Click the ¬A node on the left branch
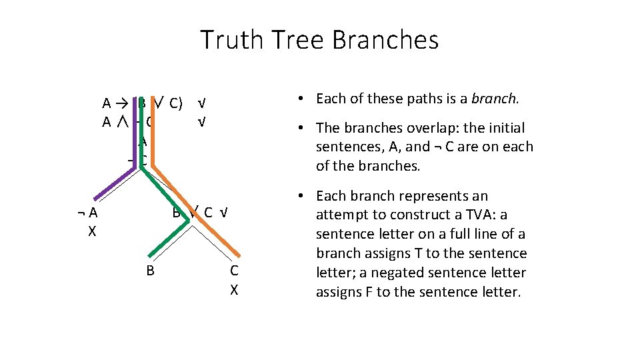click(x=88, y=213)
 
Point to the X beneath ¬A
click(x=92, y=232)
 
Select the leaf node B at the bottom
click(x=151, y=270)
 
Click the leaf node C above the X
click(x=234, y=270)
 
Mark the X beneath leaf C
click(x=234, y=290)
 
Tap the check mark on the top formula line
click(x=201, y=103)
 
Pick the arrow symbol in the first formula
click(x=121, y=103)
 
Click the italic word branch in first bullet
click(x=495, y=99)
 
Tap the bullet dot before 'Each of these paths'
click(x=302, y=99)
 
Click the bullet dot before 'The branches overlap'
click(x=302, y=128)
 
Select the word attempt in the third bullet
click(x=340, y=215)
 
